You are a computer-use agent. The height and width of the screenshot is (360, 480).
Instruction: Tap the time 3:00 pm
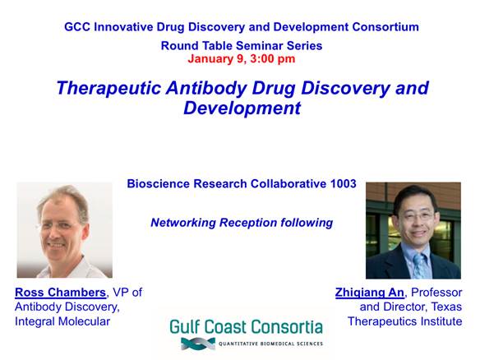(273, 59)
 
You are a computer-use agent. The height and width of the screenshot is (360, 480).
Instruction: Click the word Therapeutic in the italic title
(108, 88)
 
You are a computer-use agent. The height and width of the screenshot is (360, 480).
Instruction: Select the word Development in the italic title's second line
(242, 108)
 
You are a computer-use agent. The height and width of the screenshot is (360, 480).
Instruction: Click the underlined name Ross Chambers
(60, 293)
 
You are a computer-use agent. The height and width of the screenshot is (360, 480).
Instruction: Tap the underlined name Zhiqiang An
(370, 293)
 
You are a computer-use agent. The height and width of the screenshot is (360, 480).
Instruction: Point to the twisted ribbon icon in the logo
(198, 344)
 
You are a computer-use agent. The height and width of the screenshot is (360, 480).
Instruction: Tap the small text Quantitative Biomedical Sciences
(270, 344)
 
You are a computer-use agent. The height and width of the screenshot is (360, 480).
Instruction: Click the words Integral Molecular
(62, 321)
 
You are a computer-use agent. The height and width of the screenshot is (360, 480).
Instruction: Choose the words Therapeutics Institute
(404, 321)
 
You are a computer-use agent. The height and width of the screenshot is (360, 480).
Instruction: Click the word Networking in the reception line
(183, 223)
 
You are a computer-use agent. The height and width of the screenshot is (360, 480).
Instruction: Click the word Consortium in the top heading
(385, 27)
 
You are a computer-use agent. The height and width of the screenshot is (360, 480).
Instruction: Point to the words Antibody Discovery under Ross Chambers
(67, 307)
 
